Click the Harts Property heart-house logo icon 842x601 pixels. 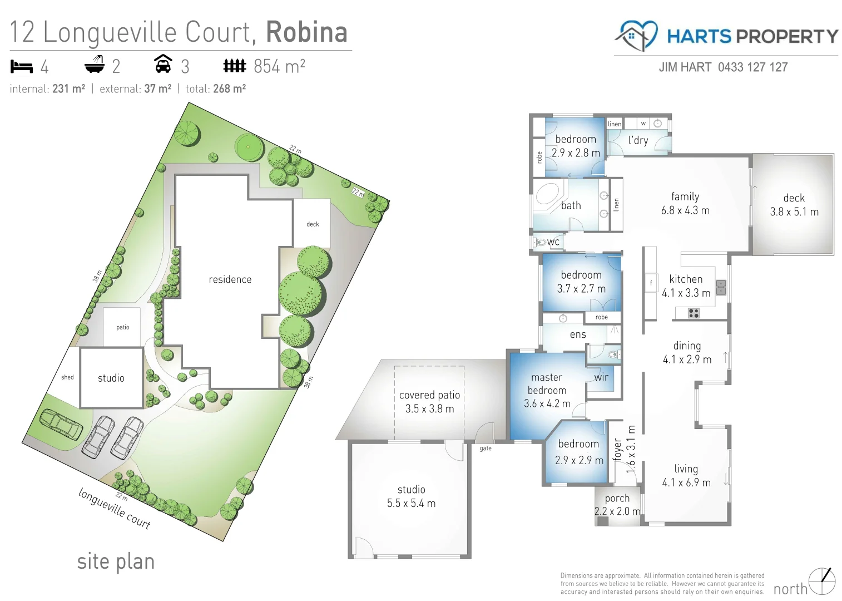point(636,35)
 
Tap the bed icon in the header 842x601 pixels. point(22,67)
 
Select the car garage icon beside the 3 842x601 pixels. point(162,64)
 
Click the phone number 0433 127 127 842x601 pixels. point(752,67)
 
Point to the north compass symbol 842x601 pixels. point(821,582)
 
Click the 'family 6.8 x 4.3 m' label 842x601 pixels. point(685,204)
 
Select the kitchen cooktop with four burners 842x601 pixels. point(694,313)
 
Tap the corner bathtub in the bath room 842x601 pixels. point(547,195)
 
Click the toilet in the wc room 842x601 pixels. point(540,243)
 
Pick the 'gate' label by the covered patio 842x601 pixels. point(486,449)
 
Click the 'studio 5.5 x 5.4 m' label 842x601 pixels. point(411,496)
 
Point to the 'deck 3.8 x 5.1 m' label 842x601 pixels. point(794,205)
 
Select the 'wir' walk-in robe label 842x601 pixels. point(601,377)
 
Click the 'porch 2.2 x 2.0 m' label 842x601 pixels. point(617,505)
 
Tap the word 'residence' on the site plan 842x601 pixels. point(230,279)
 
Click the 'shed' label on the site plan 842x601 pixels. point(67,377)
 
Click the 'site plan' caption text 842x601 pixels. point(116,561)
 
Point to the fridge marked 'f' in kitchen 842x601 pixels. point(651,283)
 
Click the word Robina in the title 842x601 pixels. point(306,32)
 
